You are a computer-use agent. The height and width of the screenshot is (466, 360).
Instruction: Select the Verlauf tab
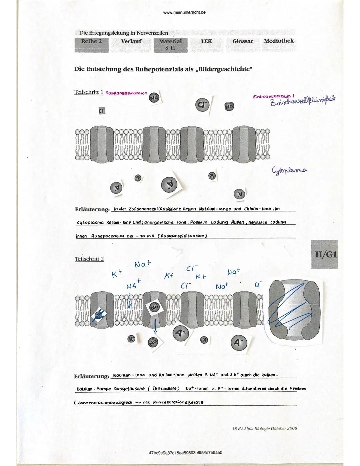[131, 42]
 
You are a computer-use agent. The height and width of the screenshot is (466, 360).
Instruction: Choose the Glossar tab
[243, 41]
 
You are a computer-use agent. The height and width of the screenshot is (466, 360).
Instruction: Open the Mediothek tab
[279, 41]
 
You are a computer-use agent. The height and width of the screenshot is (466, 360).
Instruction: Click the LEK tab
[207, 41]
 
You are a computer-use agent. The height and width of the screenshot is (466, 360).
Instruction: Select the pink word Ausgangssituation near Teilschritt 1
[126, 93]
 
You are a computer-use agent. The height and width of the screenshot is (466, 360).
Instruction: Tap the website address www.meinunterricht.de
[185, 13]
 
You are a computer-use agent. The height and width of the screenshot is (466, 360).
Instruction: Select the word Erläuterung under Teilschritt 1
[92, 209]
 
